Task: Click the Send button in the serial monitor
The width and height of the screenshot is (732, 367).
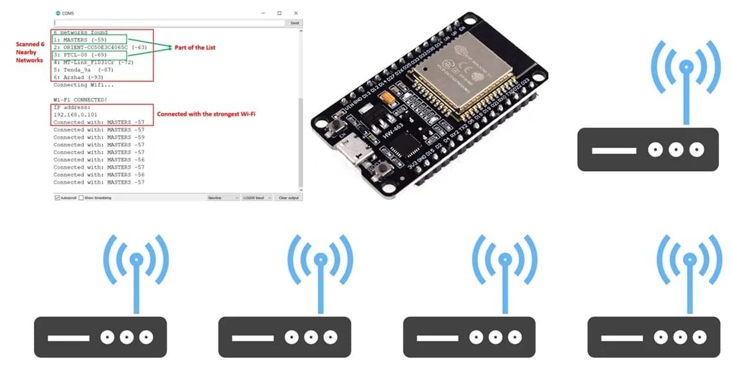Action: [x=294, y=22]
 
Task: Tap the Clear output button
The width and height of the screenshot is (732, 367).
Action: [x=288, y=197]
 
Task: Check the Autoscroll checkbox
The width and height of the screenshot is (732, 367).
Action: [x=57, y=197]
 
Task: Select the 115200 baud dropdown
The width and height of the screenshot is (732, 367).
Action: [x=256, y=197]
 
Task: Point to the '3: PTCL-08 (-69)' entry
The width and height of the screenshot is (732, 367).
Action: [x=81, y=55]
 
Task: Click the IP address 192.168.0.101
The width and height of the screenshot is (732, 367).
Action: [x=75, y=114]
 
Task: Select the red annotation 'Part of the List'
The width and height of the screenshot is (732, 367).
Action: [x=193, y=48]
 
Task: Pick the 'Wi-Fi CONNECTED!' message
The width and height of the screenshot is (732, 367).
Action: [x=80, y=100]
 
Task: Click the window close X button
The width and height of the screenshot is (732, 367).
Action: [x=295, y=13]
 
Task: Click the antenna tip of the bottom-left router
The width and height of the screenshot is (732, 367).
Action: [x=136, y=260]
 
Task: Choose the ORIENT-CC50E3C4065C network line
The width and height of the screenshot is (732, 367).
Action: [x=100, y=48]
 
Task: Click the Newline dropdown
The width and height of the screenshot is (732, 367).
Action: [x=223, y=197]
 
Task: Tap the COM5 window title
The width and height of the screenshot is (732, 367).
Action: [x=67, y=13]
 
